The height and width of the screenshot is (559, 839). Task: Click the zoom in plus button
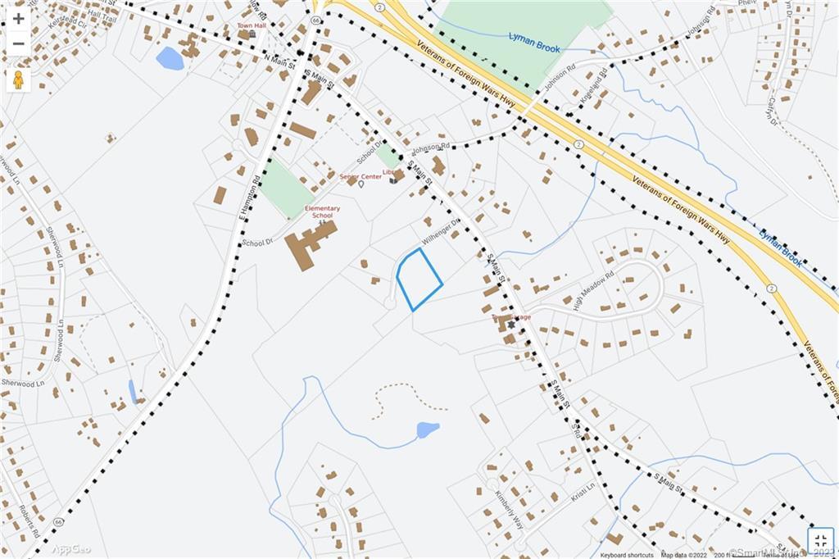pyautogui.click(x=18, y=18)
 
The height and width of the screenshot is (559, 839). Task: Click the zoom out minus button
pyautogui.click(x=18, y=43)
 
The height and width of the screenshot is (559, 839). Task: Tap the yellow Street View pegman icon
pyautogui.click(x=18, y=80)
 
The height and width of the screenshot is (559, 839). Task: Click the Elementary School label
pyautogui.click(x=322, y=211)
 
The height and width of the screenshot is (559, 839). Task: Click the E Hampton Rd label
pyautogui.click(x=249, y=198)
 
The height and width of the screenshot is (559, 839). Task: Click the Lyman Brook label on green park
pyautogui.click(x=534, y=43)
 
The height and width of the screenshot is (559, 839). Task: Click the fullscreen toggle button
pyautogui.click(x=821, y=541)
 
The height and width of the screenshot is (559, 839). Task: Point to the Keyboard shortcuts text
pyautogui.click(x=627, y=555)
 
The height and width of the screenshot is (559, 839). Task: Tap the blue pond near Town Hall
pyautogui.click(x=170, y=58)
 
